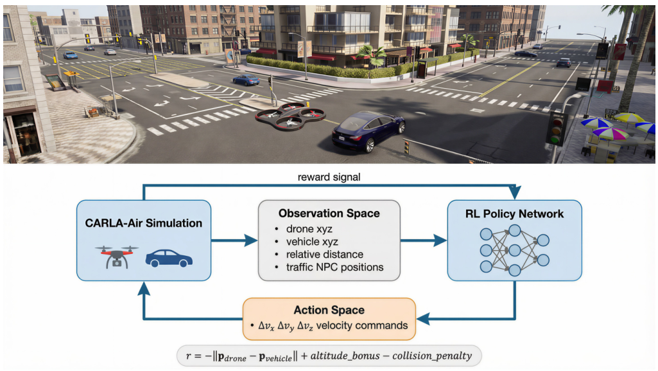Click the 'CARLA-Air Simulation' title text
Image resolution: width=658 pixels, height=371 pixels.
144,223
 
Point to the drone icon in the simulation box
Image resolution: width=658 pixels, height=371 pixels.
116,255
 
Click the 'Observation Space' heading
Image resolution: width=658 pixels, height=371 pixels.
329,213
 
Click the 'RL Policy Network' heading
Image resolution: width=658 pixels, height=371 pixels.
514,213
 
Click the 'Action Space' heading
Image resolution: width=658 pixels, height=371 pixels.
329,310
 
